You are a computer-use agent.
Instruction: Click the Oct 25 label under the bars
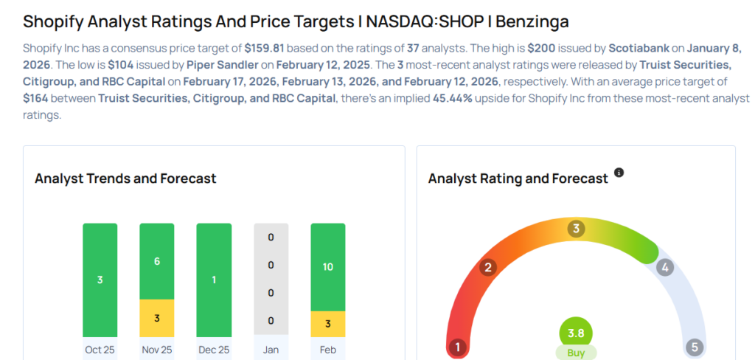[x=100, y=349]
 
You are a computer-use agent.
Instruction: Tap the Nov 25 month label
[x=156, y=349]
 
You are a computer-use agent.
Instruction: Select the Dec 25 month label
[x=214, y=349]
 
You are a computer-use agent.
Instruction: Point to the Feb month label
[x=328, y=349]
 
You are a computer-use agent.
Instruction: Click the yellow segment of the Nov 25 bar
[x=157, y=318]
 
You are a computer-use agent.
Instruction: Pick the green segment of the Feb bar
[x=328, y=267]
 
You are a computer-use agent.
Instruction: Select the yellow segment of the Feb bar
[x=328, y=325]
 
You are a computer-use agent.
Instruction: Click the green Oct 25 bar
[x=100, y=280]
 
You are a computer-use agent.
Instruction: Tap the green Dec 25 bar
[x=214, y=280]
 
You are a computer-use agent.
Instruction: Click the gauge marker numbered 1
[x=458, y=347]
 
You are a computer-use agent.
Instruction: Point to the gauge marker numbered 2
[x=487, y=267]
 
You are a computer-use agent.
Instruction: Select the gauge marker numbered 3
[x=576, y=229]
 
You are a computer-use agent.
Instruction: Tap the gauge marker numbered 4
[x=665, y=267]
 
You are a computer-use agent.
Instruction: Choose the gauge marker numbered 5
[x=693, y=347]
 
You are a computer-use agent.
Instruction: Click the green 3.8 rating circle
[x=576, y=332]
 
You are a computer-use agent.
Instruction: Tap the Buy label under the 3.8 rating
[x=576, y=353]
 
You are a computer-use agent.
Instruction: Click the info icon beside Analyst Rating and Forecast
[x=619, y=173]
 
